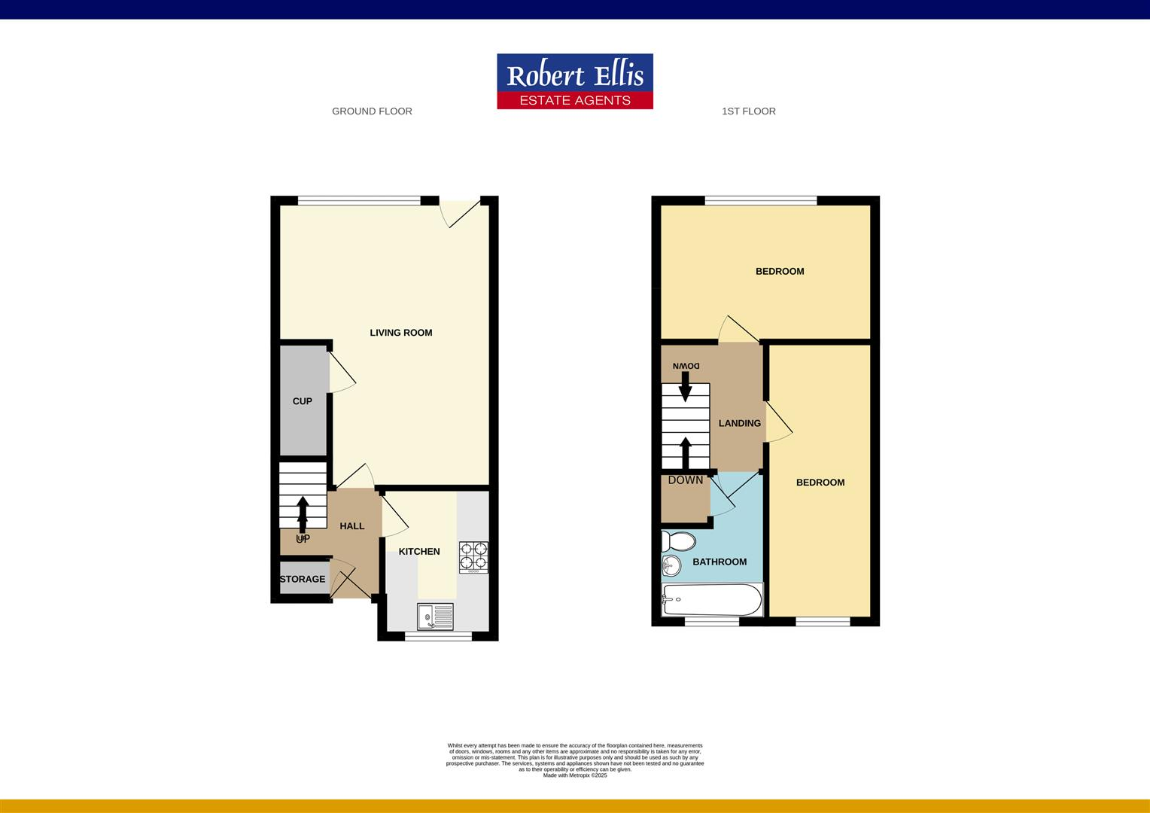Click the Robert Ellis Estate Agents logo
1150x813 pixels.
(574, 81)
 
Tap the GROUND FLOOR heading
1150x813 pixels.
(372, 111)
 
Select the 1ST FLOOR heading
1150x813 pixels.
(748, 111)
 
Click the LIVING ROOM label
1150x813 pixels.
(400, 333)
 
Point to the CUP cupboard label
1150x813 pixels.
(302, 401)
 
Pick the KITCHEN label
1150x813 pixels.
(419, 552)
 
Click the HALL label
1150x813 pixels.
(351, 526)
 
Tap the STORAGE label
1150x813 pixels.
(303, 579)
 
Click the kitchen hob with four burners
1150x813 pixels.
(473, 557)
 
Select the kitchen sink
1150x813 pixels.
(435, 617)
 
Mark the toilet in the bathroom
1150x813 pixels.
(678, 541)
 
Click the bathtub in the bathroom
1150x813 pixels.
(711, 600)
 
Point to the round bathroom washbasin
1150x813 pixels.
(671, 565)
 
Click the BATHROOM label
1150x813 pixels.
(720, 562)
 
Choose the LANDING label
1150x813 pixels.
(739, 423)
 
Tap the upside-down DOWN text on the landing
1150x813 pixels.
(686, 366)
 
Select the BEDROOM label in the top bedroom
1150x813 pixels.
(780, 271)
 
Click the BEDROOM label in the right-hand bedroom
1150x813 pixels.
(820, 483)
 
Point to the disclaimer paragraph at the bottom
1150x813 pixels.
(575, 759)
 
